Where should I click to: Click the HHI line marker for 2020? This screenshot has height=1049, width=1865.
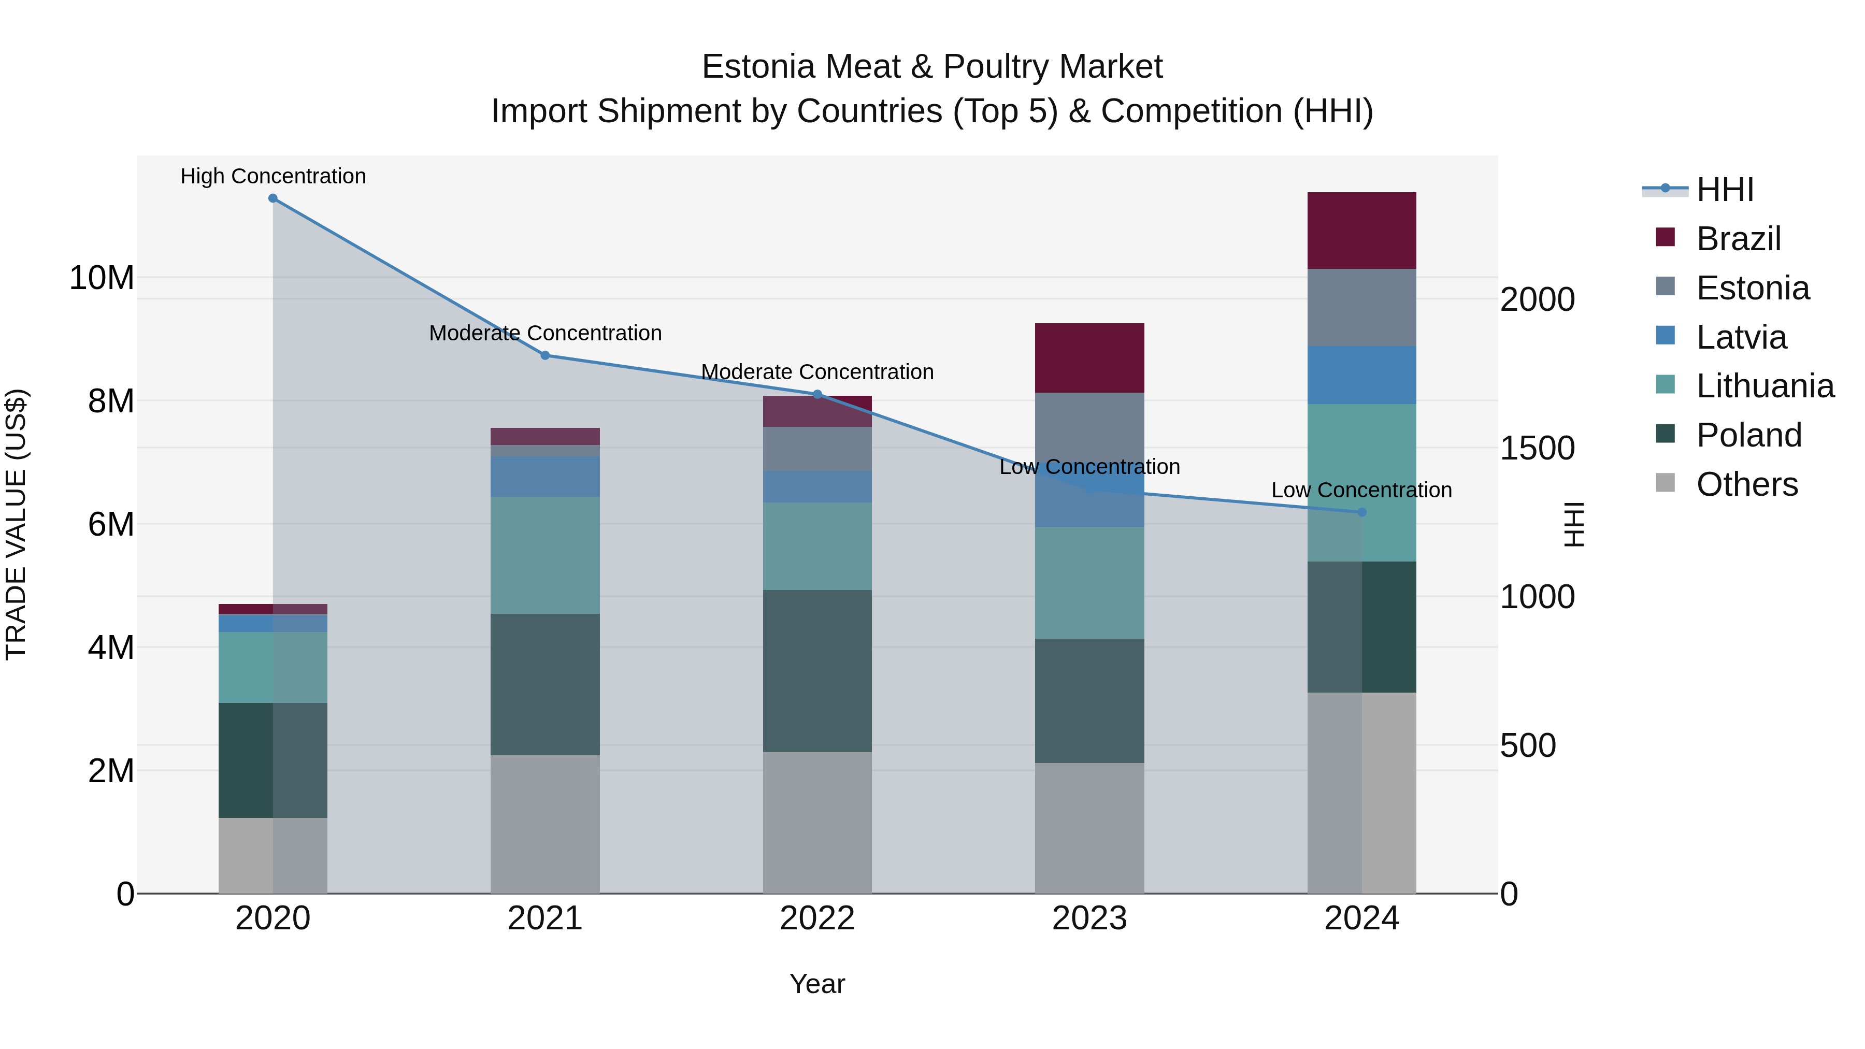tap(273, 198)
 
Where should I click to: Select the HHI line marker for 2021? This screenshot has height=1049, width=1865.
tap(545, 355)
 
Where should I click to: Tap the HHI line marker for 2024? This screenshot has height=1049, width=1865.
tap(1362, 512)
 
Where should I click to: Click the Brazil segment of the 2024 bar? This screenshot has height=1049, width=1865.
tap(1362, 231)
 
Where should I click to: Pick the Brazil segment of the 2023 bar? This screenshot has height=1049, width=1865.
tap(1089, 358)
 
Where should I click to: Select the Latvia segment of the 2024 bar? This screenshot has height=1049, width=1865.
tap(1362, 375)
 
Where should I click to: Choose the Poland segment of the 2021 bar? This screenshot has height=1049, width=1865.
tap(545, 685)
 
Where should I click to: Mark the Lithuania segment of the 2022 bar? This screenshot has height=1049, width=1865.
tap(817, 547)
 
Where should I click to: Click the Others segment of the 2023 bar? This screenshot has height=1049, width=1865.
tap(1089, 828)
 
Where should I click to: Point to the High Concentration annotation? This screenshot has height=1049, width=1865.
tap(273, 177)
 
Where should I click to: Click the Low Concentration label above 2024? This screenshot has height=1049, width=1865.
tap(1362, 490)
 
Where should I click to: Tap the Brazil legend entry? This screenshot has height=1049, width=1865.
tap(1738, 239)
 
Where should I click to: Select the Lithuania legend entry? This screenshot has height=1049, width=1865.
tap(1764, 386)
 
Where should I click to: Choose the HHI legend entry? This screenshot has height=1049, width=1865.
tap(1725, 190)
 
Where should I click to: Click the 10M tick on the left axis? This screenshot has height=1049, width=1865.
tap(102, 278)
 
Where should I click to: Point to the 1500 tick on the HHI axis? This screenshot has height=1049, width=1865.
tap(1537, 449)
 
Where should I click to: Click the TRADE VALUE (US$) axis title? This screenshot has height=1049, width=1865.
tap(16, 524)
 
